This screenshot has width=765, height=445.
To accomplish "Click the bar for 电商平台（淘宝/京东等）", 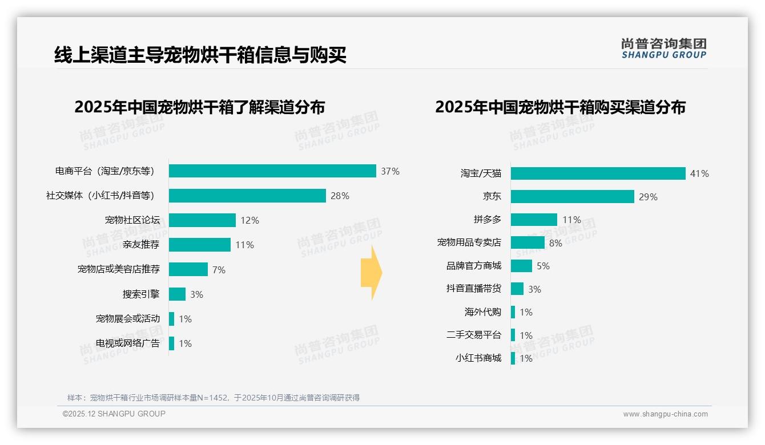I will point(272,171).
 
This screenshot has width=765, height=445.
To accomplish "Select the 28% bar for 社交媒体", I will point(247,196).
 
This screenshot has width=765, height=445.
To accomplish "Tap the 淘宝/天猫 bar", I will point(598,173).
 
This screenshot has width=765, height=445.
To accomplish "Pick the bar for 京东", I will point(572,197).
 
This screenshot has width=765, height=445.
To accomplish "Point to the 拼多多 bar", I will point(534,220).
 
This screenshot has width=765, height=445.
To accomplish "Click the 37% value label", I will point(390,171).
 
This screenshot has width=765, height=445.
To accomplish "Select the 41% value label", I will point(699,173).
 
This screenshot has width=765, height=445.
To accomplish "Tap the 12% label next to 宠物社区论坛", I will point(250,220).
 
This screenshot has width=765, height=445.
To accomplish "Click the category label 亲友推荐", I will point(141,245).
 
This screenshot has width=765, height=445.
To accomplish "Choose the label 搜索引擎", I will point(141,294).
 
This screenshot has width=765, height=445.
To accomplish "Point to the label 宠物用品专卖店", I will point(469,242).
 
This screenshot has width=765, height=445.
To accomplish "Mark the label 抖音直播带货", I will point(474,289).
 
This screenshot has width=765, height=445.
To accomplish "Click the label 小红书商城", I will point(478,358).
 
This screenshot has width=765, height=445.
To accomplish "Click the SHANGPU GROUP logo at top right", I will point(663,48).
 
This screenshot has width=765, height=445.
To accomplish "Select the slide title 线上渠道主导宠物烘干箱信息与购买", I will point(200,55).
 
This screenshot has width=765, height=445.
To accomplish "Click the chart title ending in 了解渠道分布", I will point(200,107).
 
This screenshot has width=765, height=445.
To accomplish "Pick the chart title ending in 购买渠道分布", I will point(560,107).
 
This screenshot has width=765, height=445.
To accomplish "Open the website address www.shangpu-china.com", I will point(665,414).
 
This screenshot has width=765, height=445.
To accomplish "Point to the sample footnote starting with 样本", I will point(214,398).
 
